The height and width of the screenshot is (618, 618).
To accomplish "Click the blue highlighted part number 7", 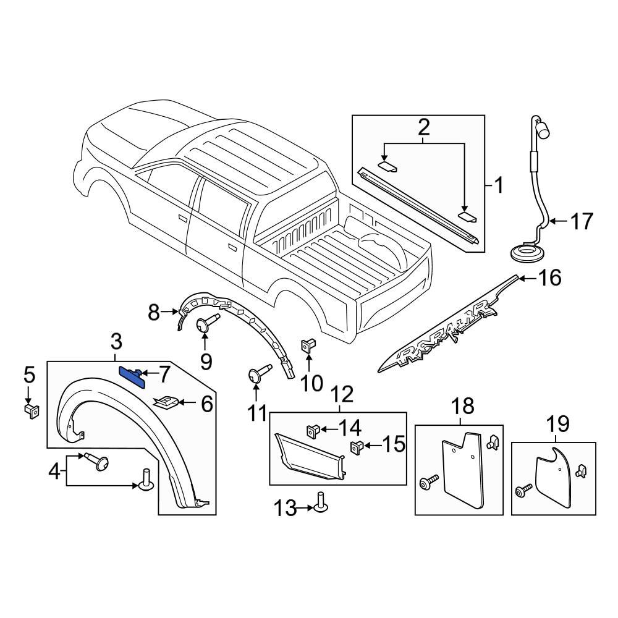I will [131, 375].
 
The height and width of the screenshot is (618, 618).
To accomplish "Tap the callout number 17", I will [580, 221].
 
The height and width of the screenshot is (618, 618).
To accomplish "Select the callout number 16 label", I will [549, 278].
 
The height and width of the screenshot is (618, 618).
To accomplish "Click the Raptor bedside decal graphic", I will [445, 334].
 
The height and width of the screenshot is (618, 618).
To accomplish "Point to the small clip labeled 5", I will [30, 410].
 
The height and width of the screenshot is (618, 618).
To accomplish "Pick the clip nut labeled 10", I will [307, 345].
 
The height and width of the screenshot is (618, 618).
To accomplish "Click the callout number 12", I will [342, 394].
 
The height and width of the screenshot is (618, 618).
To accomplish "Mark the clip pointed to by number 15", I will [357, 446].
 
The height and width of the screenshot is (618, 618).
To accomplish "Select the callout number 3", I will [116, 341].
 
